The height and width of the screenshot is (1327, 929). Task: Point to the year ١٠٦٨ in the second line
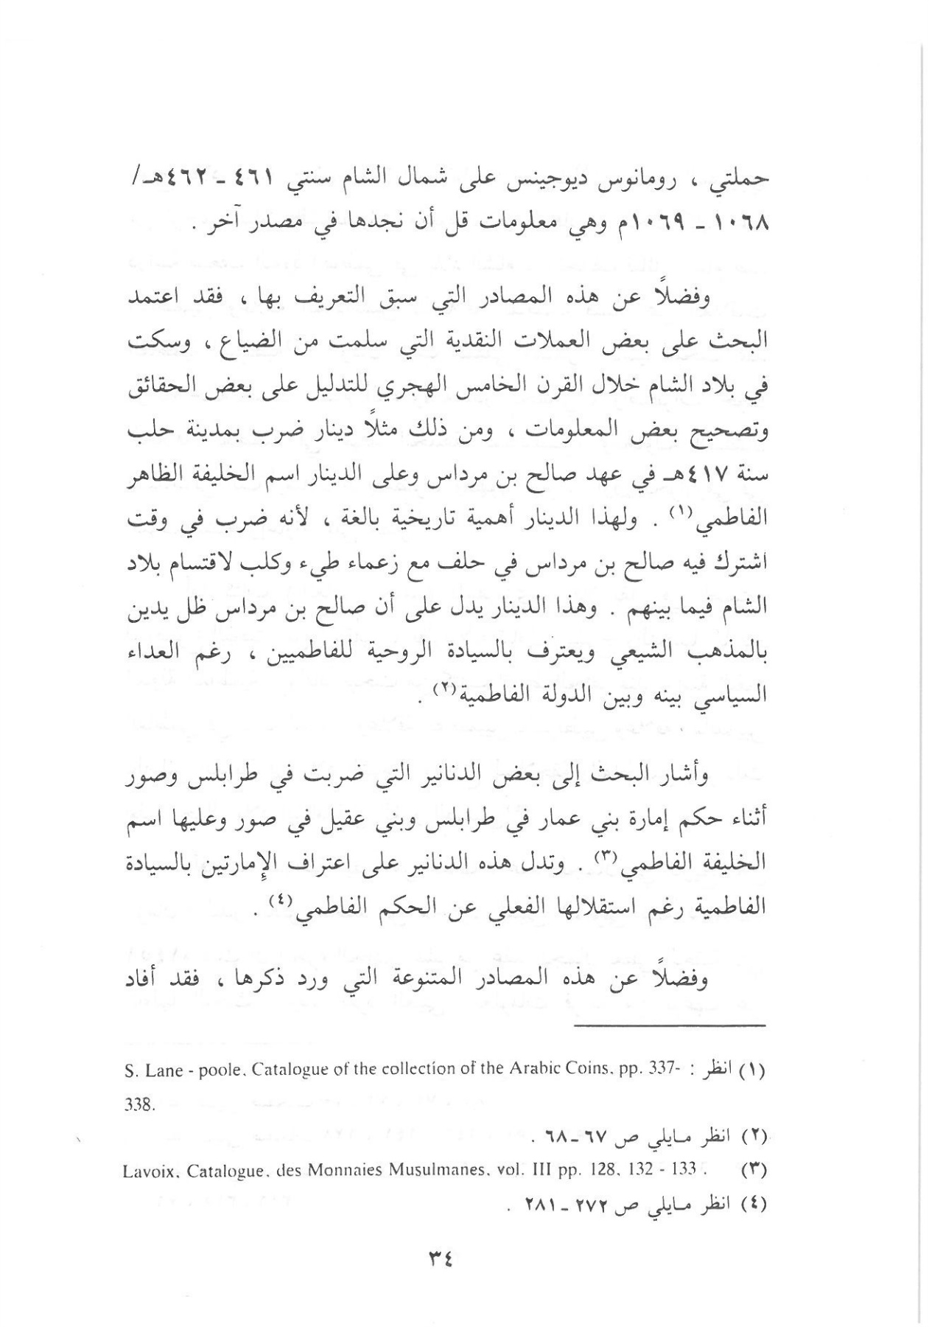[741, 222]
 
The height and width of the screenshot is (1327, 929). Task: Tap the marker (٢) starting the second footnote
[751, 1136]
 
